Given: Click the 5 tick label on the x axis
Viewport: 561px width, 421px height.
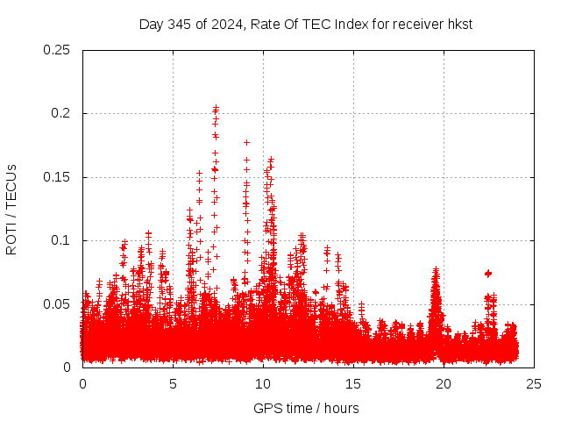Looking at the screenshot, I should point(173,384).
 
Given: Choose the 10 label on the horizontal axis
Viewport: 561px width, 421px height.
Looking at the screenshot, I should point(263,384).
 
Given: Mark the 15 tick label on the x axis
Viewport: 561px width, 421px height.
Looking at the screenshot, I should point(353,384).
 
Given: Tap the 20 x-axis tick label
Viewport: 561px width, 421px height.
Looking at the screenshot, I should point(444,384).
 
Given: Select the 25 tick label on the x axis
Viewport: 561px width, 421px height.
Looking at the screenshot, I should point(534,384).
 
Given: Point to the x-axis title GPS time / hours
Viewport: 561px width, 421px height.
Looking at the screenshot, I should point(306,408).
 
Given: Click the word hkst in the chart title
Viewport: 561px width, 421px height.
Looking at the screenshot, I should point(458,24).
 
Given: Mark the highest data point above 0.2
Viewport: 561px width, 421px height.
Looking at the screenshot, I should point(216,108).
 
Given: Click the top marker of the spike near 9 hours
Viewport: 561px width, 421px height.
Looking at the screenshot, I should point(247,142).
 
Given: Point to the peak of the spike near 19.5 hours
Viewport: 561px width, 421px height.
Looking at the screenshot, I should point(436,270).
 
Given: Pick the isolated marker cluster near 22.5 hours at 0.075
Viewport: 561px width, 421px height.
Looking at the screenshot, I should point(488,274).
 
